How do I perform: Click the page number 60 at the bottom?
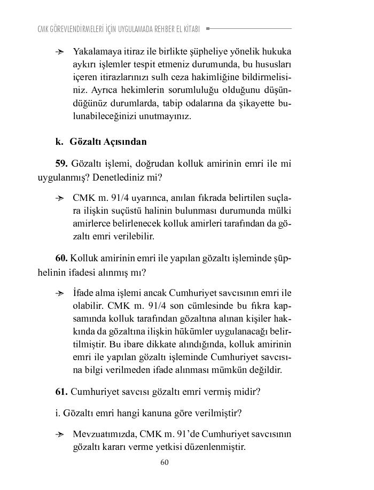(165, 462)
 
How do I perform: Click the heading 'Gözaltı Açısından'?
(108, 142)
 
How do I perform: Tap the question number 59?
(62, 163)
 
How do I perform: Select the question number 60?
(62, 258)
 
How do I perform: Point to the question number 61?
(62, 391)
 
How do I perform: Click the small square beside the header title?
(208, 28)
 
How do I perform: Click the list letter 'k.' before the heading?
(59, 142)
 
